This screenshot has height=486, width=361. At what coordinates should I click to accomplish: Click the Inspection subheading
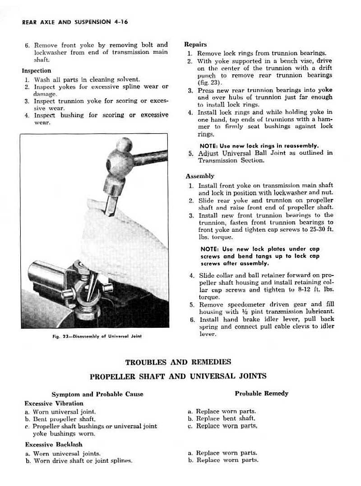(37, 71)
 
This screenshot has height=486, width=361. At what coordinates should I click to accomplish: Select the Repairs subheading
(195, 45)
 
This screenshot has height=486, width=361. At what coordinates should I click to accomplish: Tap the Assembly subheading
(200, 176)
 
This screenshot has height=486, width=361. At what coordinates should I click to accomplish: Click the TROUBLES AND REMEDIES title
(178, 362)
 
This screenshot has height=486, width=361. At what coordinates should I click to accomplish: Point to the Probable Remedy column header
(261, 394)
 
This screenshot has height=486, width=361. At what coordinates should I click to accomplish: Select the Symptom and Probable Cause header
(97, 394)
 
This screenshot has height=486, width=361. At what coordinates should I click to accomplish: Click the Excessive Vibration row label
(54, 403)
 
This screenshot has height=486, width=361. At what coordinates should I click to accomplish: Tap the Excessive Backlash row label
(53, 445)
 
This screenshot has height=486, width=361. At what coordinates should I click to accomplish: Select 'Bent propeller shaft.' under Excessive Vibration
(60, 419)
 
